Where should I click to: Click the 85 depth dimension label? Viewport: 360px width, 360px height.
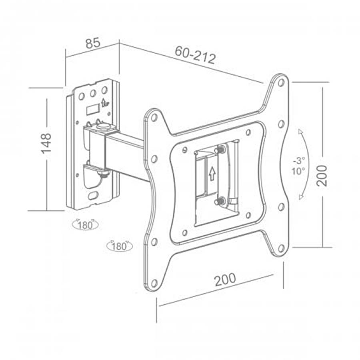pos(93,43)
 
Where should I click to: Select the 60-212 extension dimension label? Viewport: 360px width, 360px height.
pos(195,55)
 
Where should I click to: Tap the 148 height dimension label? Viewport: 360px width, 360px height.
pos(46,143)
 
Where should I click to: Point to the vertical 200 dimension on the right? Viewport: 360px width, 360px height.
pos(321,176)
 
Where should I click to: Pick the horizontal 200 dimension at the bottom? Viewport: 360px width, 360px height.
pos(225,280)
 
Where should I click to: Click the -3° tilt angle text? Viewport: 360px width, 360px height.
pos(299,160)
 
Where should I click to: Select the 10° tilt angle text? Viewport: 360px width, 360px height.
pos(298,171)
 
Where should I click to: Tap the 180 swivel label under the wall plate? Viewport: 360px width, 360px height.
pos(85,225)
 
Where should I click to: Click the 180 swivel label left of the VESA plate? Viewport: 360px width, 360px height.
pos(120,246)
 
